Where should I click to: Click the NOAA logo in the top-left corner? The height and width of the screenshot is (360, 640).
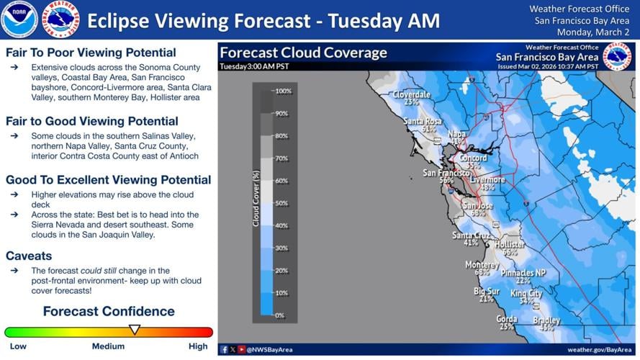(x=19, y=19)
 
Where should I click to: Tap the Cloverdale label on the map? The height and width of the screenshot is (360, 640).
(x=412, y=94)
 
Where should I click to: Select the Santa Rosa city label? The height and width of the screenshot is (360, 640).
(x=422, y=121)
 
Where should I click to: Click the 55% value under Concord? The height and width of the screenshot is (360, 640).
(x=473, y=166)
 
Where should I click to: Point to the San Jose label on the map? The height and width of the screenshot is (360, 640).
(x=479, y=205)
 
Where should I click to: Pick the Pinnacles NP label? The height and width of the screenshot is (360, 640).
(x=523, y=273)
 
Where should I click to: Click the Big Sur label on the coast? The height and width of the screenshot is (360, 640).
(x=487, y=291)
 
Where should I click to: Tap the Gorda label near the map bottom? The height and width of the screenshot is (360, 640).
(x=507, y=318)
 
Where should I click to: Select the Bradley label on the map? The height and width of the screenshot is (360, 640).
(x=546, y=320)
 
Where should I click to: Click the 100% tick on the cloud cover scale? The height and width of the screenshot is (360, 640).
(x=283, y=91)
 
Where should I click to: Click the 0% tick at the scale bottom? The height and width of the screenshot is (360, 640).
(x=280, y=315)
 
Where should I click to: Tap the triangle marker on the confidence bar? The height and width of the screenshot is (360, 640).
(x=134, y=330)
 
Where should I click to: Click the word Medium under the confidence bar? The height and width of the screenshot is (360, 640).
(x=108, y=346)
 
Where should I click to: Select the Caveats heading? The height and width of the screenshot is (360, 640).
(x=29, y=256)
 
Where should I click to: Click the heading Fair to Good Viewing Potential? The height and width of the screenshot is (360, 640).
(x=91, y=121)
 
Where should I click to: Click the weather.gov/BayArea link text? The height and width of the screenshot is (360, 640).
(x=600, y=349)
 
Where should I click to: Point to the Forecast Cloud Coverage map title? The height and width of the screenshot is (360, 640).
(x=303, y=53)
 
